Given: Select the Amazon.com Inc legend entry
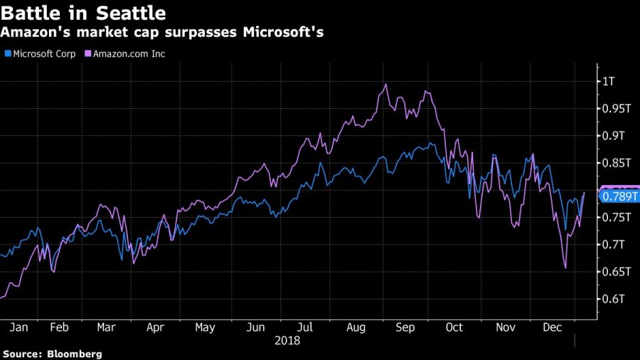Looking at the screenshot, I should click(x=124, y=53).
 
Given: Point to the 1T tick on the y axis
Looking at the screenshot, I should click(x=607, y=81).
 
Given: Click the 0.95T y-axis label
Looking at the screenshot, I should click(x=613, y=108).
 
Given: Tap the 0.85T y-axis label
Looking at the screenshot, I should click(x=613, y=163).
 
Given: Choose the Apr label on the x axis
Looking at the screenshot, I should click(x=156, y=327).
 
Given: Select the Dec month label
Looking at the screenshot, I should click(x=551, y=327).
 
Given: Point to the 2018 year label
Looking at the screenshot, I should click(x=287, y=341).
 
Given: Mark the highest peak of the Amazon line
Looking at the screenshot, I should click(x=385, y=85).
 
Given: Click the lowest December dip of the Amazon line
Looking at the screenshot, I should click(x=565, y=268).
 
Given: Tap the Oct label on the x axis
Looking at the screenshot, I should click(x=454, y=327).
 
